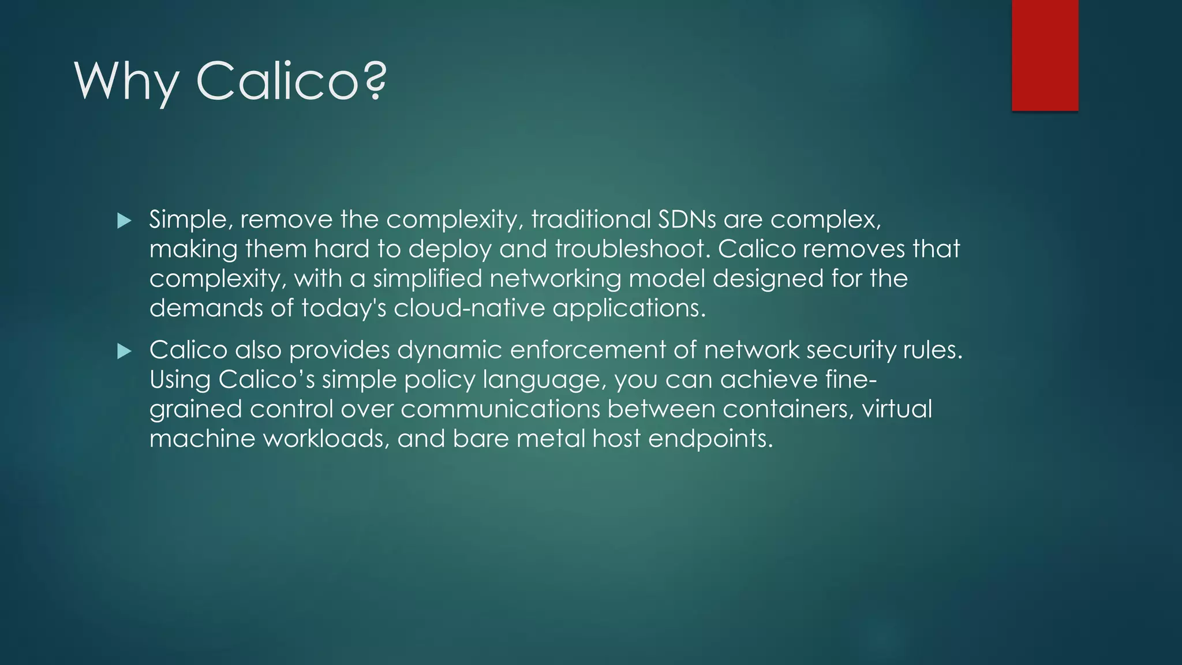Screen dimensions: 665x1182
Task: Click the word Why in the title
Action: [x=126, y=81]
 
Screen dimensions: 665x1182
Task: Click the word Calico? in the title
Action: [x=291, y=81]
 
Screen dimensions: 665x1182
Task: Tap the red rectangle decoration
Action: [x=1045, y=55]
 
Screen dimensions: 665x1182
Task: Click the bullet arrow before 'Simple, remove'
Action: [x=124, y=221]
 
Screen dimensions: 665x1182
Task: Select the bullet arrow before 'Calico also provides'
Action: [x=124, y=351]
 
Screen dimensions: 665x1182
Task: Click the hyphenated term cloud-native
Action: [x=469, y=308]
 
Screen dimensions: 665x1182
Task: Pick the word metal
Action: [x=551, y=439]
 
